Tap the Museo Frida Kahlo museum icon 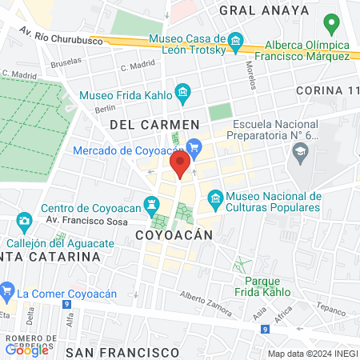183,94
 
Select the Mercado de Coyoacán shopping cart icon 193,146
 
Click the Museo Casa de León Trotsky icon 235,41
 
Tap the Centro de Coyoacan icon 150,203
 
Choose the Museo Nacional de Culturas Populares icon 214,197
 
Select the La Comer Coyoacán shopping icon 7,290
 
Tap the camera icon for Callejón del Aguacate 25,220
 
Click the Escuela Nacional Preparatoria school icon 301,154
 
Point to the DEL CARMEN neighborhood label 154,125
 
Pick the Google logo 27,350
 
